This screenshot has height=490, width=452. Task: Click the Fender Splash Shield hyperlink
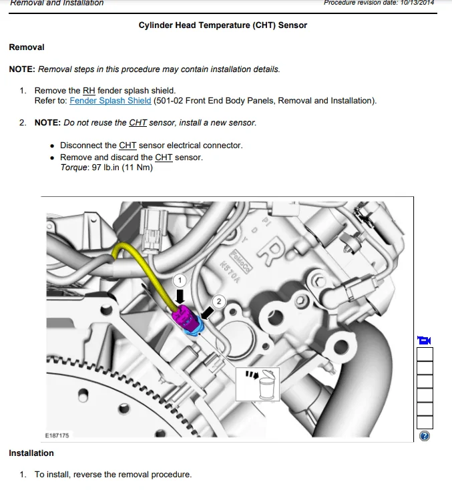click(x=110, y=101)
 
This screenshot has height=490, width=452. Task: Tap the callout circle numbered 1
click(x=180, y=280)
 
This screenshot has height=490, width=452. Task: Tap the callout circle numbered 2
click(x=219, y=301)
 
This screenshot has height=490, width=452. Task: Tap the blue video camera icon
click(x=424, y=340)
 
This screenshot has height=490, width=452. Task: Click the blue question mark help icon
click(x=425, y=436)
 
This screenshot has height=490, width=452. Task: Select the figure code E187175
click(x=57, y=435)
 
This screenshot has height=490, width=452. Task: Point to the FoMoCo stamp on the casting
click(x=240, y=262)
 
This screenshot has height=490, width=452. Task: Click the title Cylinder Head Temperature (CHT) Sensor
click(x=223, y=25)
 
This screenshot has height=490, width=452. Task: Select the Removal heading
click(x=27, y=47)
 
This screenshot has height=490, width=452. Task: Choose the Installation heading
click(x=31, y=453)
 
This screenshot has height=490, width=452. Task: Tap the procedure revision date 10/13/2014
click(x=417, y=3)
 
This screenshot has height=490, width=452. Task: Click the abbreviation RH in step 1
click(x=89, y=91)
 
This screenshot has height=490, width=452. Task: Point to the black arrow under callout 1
click(x=180, y=296)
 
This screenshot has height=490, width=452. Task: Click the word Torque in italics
click(x=74, y=168)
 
